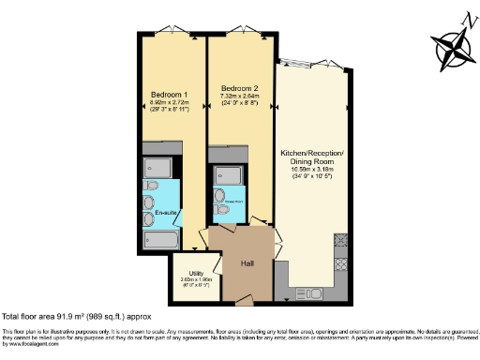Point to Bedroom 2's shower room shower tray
click(227, 175)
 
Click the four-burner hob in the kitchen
click(341, 241)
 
